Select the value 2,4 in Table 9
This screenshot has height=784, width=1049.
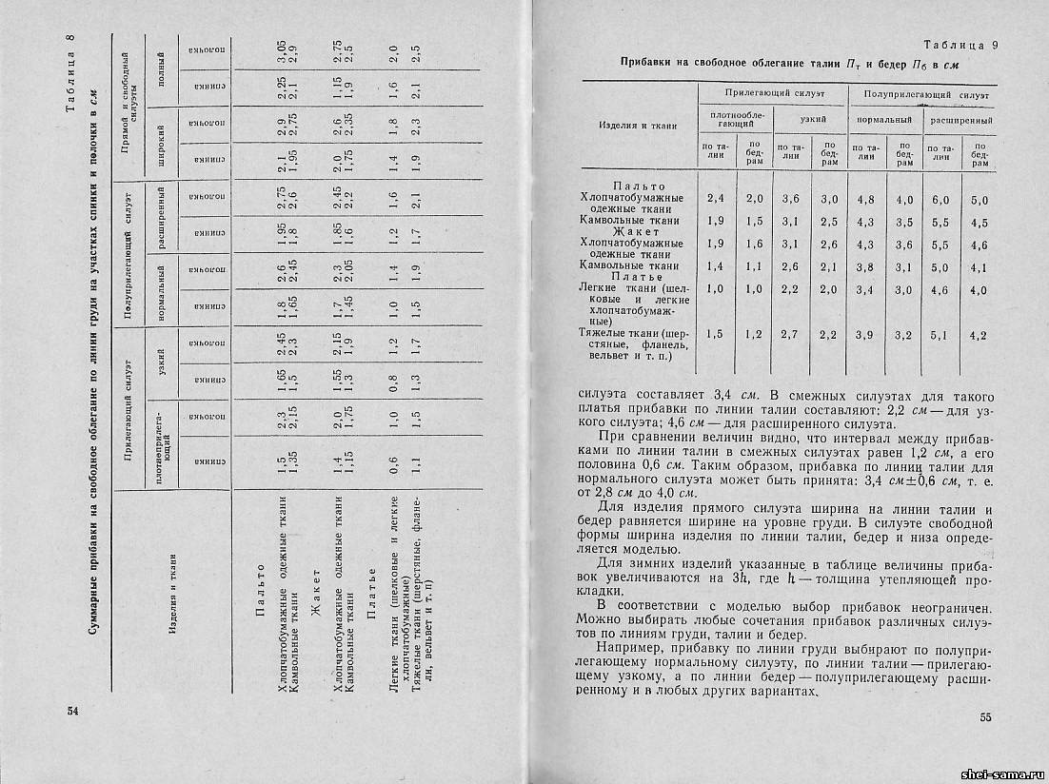[x=715, y=199]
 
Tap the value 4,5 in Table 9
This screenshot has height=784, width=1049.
[x=979, y=224]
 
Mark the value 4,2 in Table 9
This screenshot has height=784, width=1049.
[x=979, y=335]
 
